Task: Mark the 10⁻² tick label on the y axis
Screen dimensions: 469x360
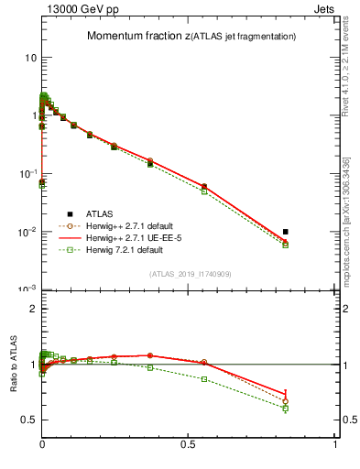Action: (28, 232)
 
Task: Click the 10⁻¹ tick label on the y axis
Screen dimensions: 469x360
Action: (28, 173)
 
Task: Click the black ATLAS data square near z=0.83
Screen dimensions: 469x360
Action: (286, 232)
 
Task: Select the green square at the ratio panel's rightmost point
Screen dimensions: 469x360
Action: (286, 408)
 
